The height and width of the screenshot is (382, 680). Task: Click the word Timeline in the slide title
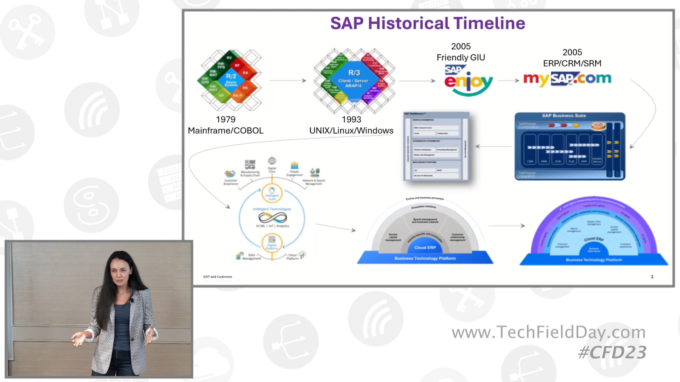tap(489, 23)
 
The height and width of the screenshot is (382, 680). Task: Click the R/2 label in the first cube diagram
tap(231, 76)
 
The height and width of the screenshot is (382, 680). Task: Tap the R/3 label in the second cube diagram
tap(354, 73)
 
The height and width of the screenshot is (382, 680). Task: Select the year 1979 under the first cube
tap(226, 120)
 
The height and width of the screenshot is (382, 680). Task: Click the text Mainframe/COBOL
tap(226, 131)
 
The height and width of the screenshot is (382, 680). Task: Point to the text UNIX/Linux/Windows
tap(351, 131)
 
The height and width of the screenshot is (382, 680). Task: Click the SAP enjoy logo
tap(468, 81)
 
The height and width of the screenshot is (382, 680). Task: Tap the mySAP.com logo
tap(567, 79)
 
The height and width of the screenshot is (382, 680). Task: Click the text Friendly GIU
tap(460, 57)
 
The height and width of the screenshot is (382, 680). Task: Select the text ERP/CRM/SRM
tap(572, 63)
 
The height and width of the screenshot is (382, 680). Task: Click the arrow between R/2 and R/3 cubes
tap(288, 81)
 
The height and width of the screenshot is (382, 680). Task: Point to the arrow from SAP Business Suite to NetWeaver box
tap(494, 146)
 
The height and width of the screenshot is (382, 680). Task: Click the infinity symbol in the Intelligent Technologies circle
tap(272, 218)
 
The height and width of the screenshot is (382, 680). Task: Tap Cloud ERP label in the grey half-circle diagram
tap(425, 248)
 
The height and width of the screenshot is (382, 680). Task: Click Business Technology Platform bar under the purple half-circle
tap(594, 260)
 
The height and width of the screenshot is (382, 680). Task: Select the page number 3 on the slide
tap(652, 277)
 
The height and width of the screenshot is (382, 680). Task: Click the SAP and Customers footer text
tap(217, 277)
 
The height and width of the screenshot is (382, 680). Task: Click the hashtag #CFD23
tap(612, 353)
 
